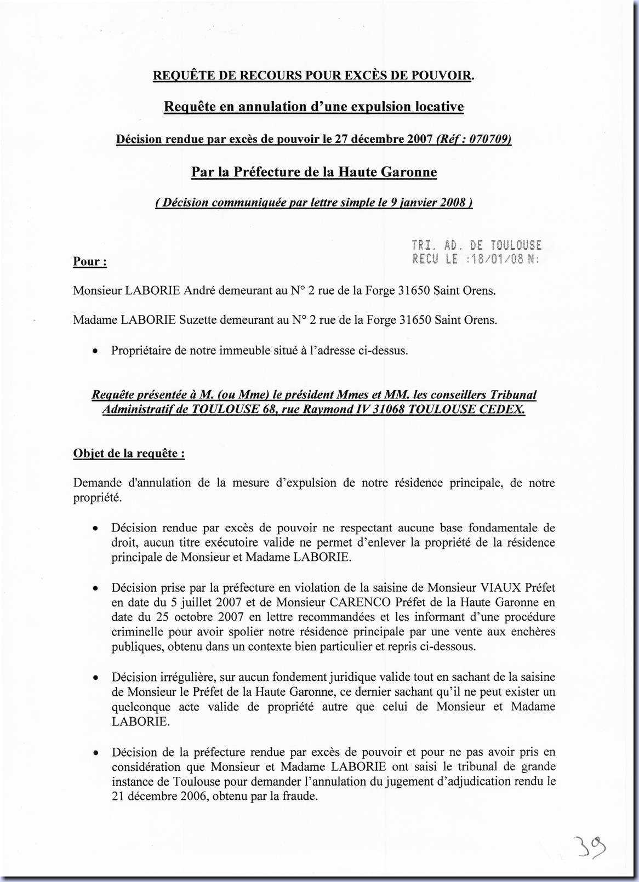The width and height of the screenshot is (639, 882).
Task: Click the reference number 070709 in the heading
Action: tap(489, 139)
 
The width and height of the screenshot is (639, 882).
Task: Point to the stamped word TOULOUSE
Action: tap(516, 245)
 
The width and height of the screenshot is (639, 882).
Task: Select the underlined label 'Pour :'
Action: tap(90, 261)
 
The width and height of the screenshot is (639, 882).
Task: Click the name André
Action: tap(199, 290)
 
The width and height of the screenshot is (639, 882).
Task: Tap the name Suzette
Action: tap(201, 320)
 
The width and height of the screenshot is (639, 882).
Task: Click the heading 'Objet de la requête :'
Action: tap(129, 454)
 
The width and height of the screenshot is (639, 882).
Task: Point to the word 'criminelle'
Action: tap(138, 632)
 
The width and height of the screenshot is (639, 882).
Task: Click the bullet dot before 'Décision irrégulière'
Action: tap(95, 678)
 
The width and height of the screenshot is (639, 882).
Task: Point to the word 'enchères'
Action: tap(533, 632)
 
